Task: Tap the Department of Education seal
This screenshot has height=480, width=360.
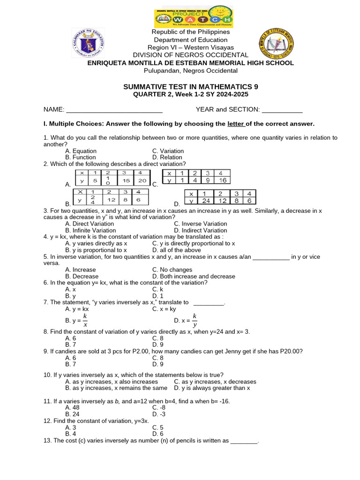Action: tap(88, 43)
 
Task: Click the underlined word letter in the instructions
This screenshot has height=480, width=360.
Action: tap(236, 124)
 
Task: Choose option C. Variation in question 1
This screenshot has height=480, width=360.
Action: tap(168, 151)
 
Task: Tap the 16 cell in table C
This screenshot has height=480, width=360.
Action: tap(222, 180)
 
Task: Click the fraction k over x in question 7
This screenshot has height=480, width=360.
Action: tap(85, 321)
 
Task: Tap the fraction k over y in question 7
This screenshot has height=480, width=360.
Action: tap(195, 321)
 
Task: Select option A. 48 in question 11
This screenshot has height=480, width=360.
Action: tap(72, 408)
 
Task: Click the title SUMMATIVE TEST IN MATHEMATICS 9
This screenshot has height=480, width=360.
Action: tap(190, 87)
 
